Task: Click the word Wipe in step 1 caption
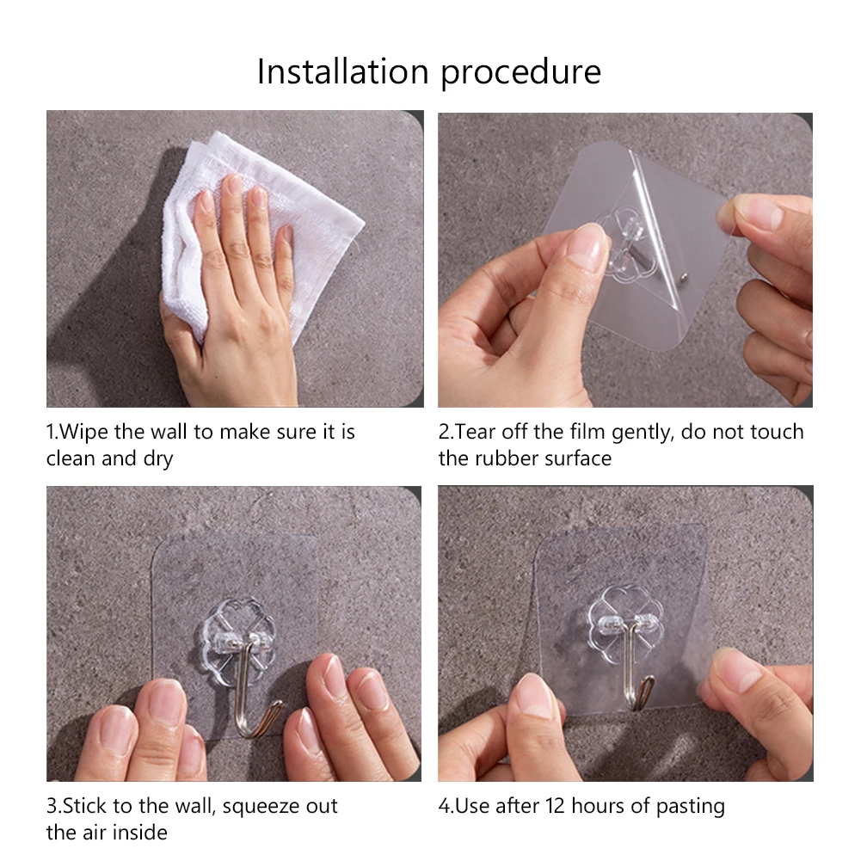click(83, 432)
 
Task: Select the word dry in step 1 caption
click(158, 459)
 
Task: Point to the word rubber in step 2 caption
click(497, 458)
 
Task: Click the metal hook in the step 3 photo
click(258, 705)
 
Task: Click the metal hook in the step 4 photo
click(637, 680)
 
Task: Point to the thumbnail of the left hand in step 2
click(587, 248)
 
